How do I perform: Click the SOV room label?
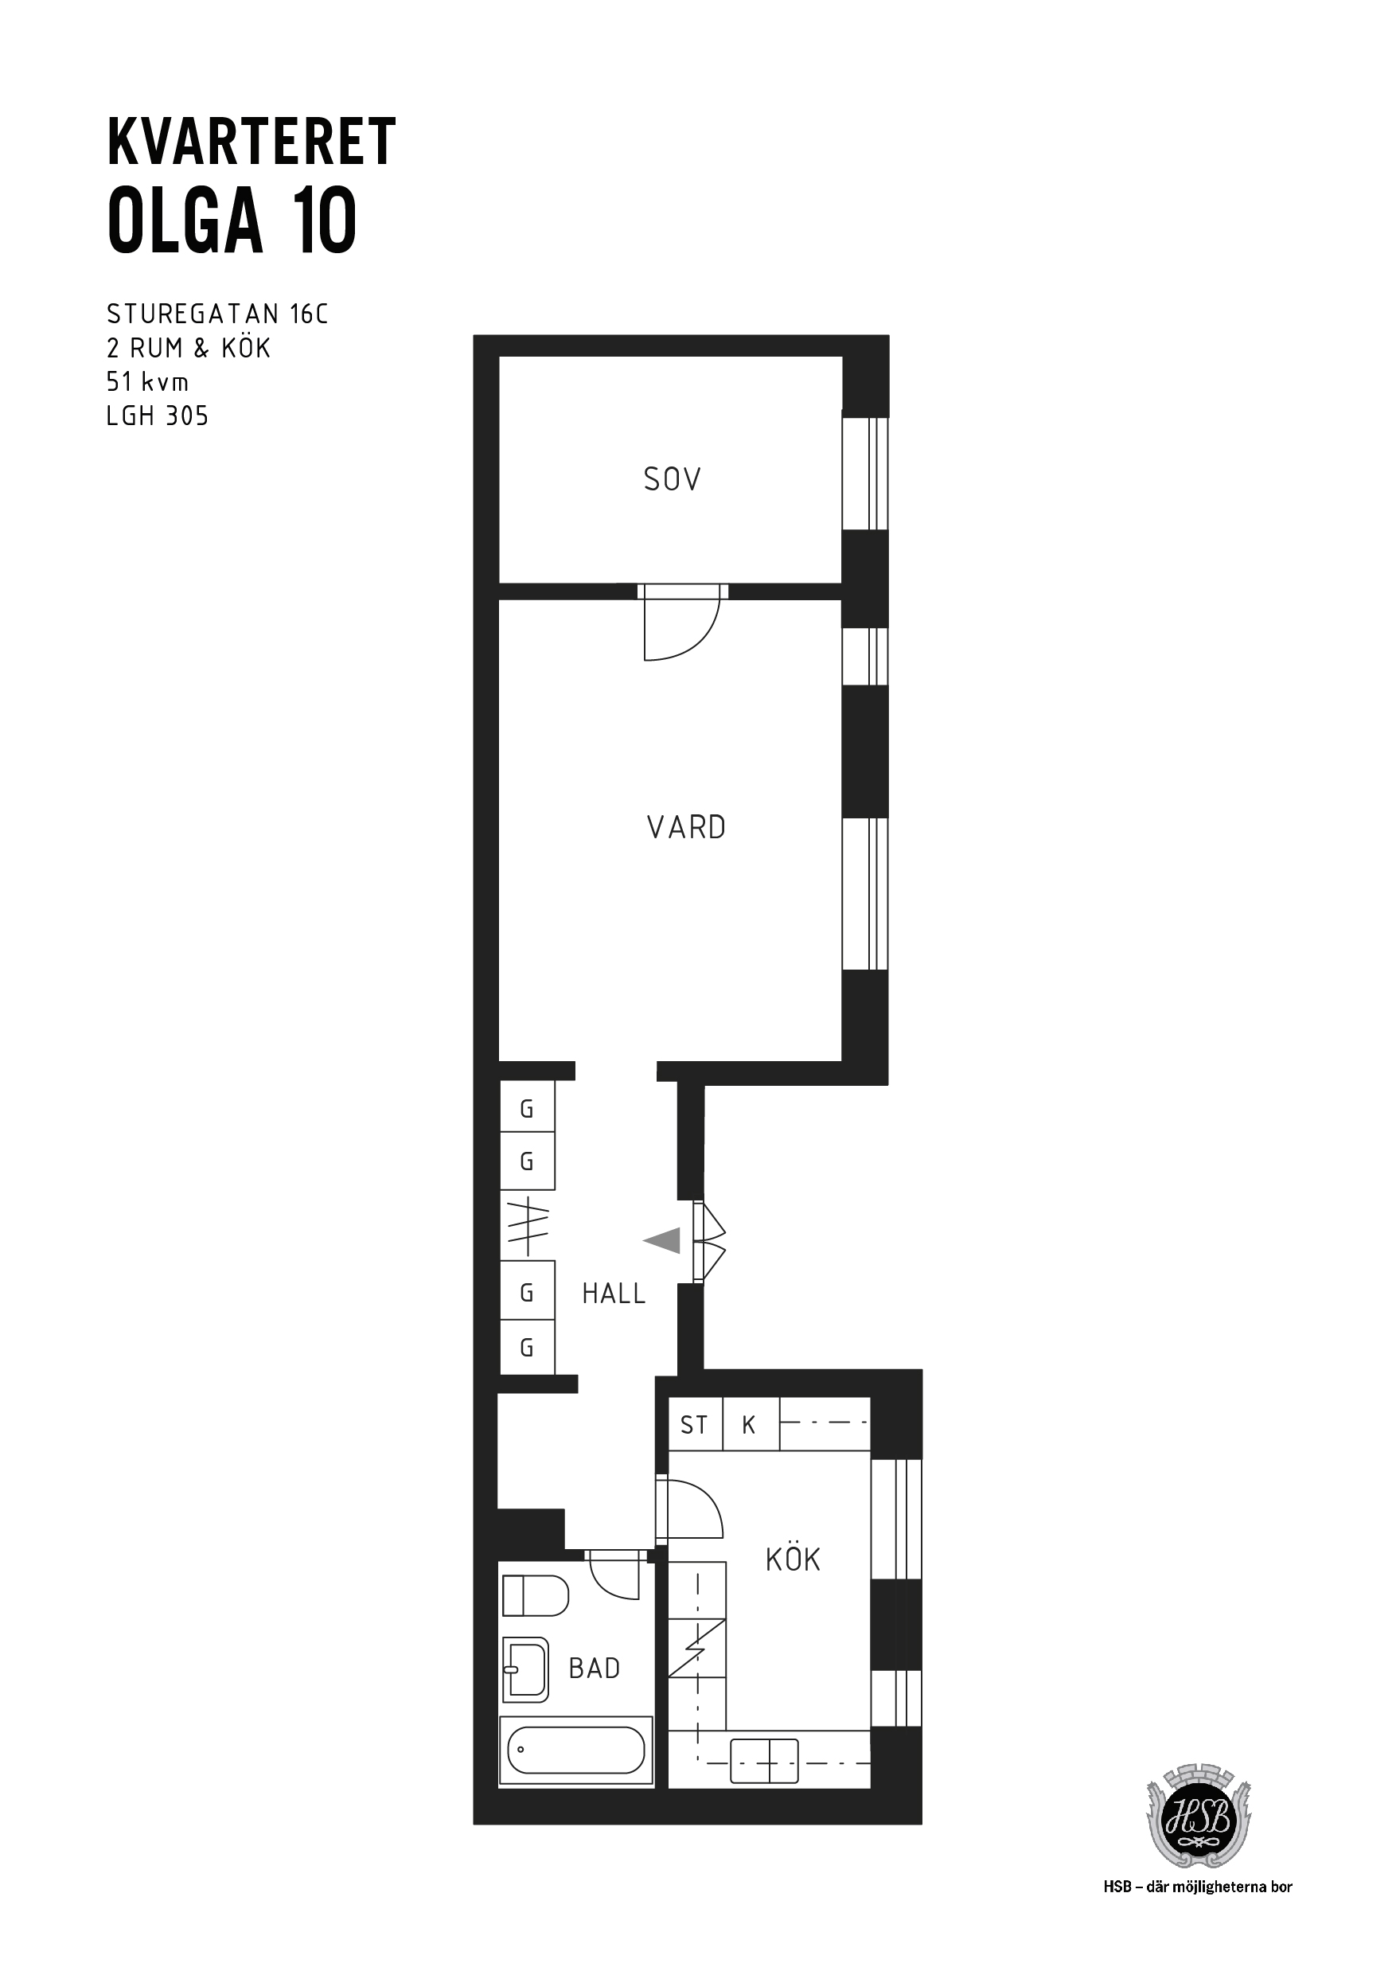coord(672,479)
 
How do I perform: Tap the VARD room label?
coord(686,828)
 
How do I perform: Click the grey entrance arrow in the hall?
coord(661,1240)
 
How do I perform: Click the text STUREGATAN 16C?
coord(217,314)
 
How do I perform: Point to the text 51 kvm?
coord(147,381)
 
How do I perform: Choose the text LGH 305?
coord(158,416)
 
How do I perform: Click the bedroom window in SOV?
coord(864,473)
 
